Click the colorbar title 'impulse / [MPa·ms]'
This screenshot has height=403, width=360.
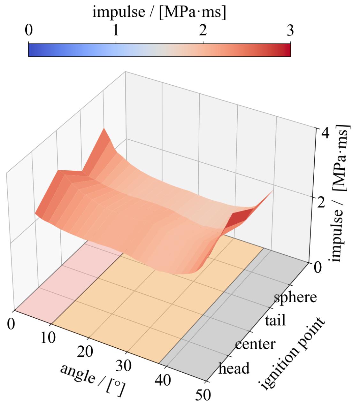159,13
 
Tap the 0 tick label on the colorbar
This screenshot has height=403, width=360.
28,31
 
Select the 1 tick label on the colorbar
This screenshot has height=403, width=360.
116,31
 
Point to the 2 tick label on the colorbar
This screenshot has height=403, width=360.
203,31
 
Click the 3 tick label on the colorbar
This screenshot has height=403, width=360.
290,31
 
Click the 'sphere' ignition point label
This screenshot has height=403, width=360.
295,297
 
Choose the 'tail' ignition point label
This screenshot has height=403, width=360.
275,320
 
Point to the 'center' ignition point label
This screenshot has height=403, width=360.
255,344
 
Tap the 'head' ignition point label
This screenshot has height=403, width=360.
234,368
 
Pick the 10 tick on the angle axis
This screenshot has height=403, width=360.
48,338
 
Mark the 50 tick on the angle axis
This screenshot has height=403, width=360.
203,395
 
